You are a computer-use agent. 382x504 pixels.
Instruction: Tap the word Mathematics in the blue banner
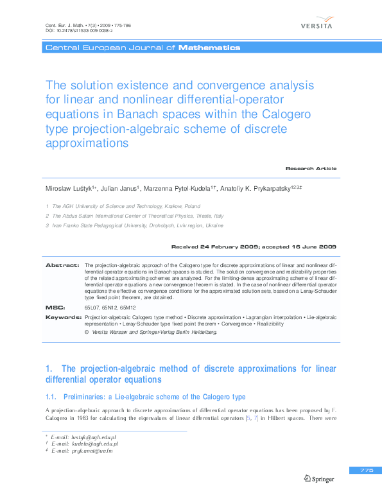point(209,48)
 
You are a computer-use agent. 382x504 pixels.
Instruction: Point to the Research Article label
point(311,168)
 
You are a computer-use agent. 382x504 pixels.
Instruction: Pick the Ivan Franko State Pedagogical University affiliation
point(137,226)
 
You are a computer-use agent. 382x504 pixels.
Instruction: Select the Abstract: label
point(62,265)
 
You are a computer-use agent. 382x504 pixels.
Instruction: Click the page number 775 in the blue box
point(367,471)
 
